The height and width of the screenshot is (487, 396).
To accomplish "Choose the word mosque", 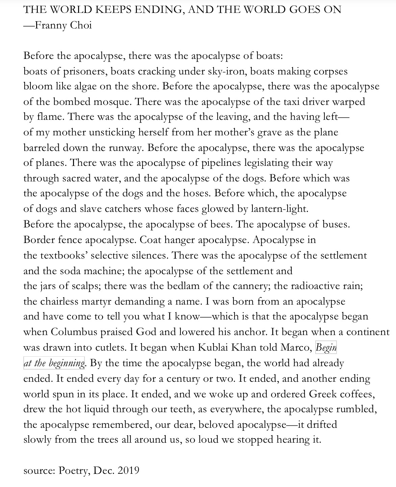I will point(112,102).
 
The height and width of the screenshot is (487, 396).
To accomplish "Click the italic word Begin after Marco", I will point(326,348).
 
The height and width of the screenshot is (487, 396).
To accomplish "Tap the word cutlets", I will point(107,348).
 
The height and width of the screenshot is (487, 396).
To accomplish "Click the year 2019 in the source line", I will point(128,470).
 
